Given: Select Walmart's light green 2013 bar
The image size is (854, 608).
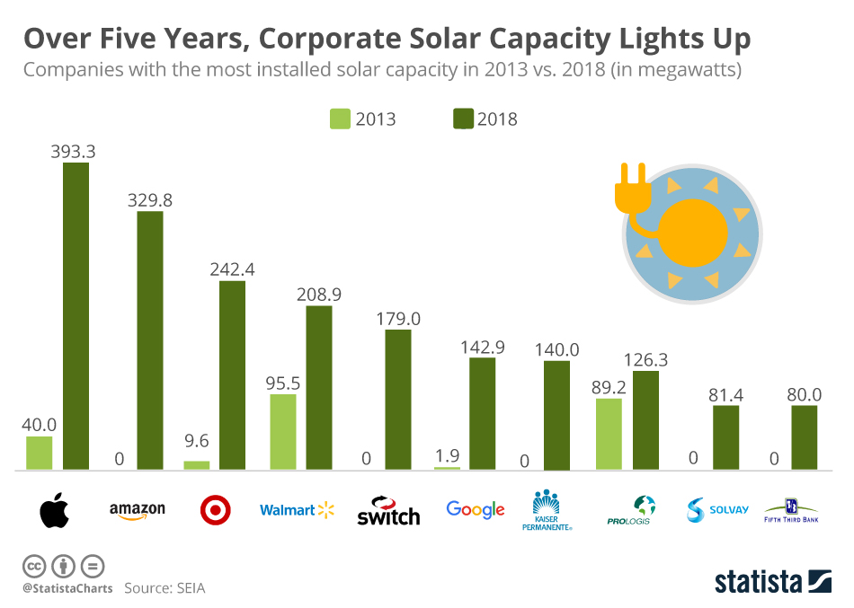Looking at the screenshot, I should pyautogui.click(x=283, y=432).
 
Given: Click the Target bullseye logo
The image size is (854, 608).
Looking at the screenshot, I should pyautogui.click(x=215, y=510).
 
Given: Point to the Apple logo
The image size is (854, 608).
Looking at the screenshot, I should pyautogui.click(x=54, y=510).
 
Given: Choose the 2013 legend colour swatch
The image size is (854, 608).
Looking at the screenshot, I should pyautogui.click(x=340, y=119).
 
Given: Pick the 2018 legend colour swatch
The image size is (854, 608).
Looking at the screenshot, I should pyautogui.click(x=463, y=119).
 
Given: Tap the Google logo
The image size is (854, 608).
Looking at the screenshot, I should pyautogui.click(x=476, y=509).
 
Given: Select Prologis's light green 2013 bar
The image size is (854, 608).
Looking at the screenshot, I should pyautogui.click(x=609, y=434).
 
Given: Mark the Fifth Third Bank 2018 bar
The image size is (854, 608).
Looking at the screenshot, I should pyautogui.click(x=805, y=437).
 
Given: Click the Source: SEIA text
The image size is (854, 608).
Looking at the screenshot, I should pyautogui.click(x=165, y=588).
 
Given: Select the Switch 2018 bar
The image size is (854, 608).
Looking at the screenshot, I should pyautogui.click(x=398, y=400).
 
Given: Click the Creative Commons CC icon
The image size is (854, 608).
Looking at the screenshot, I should pyautogui.click(x=34, y=567).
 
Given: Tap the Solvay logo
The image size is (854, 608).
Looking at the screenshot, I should pyautogui.click(x=716, y=510).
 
